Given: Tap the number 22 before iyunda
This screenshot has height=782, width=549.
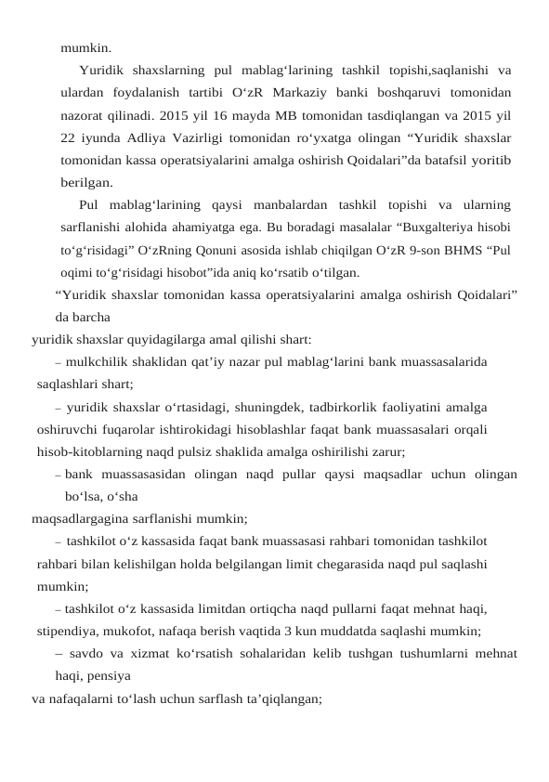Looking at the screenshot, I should click(x=69, y=137).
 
